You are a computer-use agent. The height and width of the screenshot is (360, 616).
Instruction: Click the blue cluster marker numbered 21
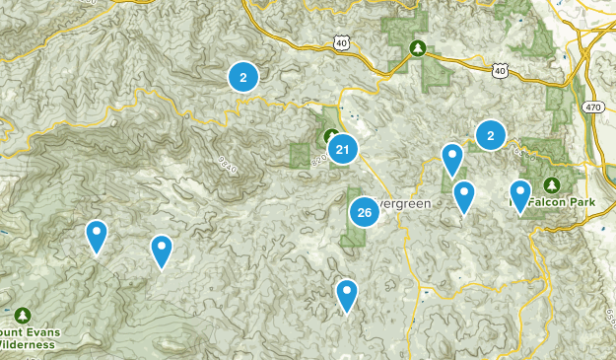(x=342, y=150)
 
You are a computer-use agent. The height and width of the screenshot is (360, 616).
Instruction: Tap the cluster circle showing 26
(x=365, y=212)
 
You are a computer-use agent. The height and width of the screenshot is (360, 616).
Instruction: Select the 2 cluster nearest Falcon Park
(x=490, y=135)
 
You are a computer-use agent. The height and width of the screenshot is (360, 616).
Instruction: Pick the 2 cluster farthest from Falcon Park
(x=242, y=76)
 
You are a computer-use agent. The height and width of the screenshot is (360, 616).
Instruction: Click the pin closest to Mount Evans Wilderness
(x=97, y=237)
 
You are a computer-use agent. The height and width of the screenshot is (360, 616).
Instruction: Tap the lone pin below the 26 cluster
(x=346, y=295)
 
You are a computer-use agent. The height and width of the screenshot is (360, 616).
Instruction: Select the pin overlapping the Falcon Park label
(x=519, y=195)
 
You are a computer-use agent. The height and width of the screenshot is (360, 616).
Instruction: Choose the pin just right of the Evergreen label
(x=463, y=196)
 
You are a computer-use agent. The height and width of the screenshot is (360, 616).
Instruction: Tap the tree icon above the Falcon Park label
(x=551, y=184)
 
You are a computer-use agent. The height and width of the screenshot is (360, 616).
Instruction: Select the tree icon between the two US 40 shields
(x=418, y=46)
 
